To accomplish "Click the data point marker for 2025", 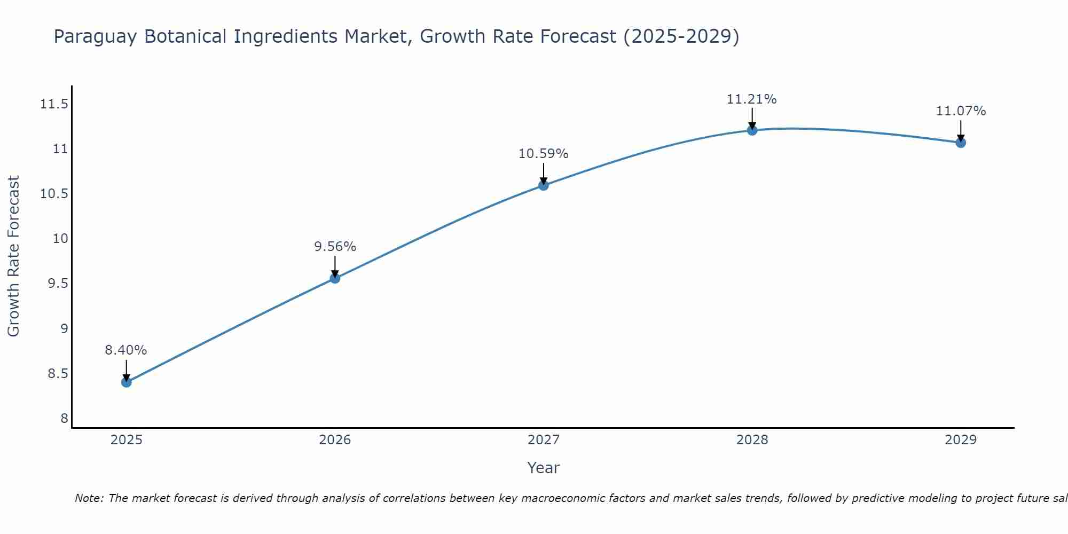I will point(127,382).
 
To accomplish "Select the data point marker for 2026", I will point(335,278).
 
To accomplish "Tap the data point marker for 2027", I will point(544,185).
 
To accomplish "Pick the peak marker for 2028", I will point(752,130).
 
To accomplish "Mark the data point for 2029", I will point(961,143).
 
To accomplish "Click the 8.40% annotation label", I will point(125,350).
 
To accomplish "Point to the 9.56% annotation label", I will point(335,247).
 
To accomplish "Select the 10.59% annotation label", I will point(543,154).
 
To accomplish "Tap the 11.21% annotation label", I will point(751,99).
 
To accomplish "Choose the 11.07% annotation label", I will point(961,111).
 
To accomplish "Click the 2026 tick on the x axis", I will point(335,440).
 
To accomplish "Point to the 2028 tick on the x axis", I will point(752,440).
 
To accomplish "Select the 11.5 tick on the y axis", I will point(54,104).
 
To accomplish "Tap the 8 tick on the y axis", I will point(65,418).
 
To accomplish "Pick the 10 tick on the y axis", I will point(61,238).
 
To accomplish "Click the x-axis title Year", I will point(543,468).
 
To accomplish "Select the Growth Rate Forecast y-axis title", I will point(13,256).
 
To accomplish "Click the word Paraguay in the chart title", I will point(95,37).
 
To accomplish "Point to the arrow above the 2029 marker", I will point(961,130).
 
